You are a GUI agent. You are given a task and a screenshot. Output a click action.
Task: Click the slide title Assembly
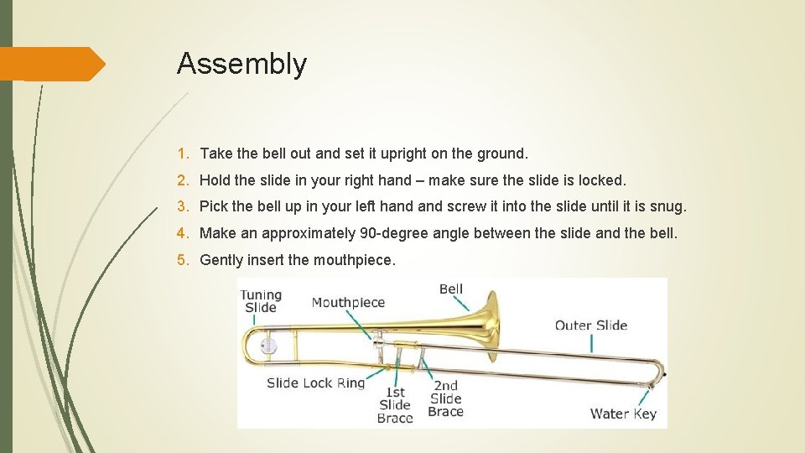coord(241,64)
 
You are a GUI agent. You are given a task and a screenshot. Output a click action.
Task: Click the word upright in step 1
coord(403,154)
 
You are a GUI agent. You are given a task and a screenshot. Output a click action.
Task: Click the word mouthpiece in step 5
coord(352,260)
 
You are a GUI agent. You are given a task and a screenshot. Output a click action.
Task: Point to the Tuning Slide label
coord(260,300)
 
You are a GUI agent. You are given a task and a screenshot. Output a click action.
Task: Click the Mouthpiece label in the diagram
coord(348,303)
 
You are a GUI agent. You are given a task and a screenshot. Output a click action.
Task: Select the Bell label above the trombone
coord(451,289)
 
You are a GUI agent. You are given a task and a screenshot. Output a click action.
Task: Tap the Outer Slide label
coord(591,325)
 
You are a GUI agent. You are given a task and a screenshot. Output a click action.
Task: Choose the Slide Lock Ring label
coord(315,383)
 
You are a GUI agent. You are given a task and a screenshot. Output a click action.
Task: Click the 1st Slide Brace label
coord(395,404)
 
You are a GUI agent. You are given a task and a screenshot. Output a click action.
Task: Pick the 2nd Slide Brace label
coord(445,398)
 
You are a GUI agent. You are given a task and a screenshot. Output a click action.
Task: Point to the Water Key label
coord(623,413)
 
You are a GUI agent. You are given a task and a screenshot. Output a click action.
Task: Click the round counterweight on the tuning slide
coord(270,346)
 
